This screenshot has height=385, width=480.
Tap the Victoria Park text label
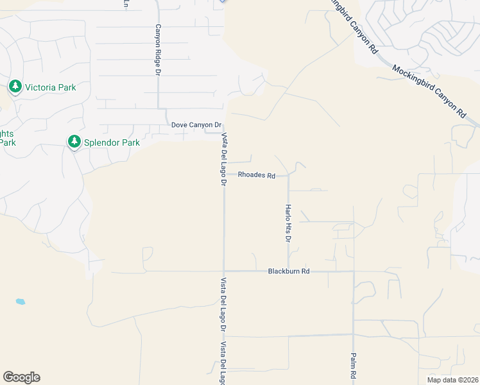tap(49, 87)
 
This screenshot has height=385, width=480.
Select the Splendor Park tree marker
tap(75, 141)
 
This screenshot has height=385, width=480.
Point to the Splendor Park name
tap(112, 142)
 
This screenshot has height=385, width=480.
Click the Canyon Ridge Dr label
tap(157, 50)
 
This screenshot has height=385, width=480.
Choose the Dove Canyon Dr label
tap(196, 124)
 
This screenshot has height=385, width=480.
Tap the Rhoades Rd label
tap(256, 175)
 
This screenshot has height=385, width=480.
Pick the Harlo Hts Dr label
tap(288, 223)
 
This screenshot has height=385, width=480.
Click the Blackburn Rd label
tap(289, 271)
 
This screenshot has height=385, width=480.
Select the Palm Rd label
tap(354, 365)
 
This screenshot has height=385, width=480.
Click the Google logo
tap(21, 377)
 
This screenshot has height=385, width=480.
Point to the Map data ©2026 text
tap(452, 380)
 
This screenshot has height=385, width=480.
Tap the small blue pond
tap(21, 301)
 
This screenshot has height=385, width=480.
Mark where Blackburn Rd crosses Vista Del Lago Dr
tap(223, 271)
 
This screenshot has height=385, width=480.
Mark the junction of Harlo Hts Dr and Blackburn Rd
tap(288, 270)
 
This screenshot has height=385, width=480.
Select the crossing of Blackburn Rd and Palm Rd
tap(354, 271)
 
